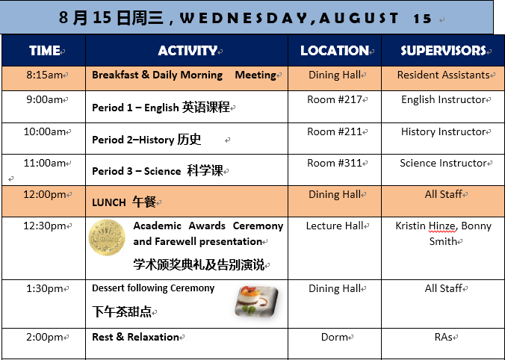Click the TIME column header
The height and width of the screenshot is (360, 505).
point(44,51)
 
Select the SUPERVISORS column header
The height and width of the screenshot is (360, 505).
point(443,51)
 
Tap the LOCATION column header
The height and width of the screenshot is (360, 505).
point(335,51)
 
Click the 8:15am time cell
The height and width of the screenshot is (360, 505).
point(44,75)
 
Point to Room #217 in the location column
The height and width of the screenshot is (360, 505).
point(335,99)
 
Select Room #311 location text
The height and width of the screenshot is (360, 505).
point(335,163)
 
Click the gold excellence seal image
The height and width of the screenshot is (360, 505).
point(107,238)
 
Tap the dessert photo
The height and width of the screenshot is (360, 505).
point(257,301)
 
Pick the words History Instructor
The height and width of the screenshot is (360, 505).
point(443,131)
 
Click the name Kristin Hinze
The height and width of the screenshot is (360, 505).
point(426,226)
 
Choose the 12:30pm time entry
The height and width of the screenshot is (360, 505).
point(44,226)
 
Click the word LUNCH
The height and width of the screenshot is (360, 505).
point(109,202)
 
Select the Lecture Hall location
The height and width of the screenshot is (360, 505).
point(335,226)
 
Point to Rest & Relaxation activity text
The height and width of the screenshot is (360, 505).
point(135,337)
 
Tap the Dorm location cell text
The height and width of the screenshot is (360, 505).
point(335,337)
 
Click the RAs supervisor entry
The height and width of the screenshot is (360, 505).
point(443,337)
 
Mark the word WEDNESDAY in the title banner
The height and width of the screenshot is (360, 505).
point(244,19)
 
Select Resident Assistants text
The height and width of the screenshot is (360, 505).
point(443,75)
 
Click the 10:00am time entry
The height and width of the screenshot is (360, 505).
point(44,131)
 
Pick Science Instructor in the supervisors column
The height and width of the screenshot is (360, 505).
point(443,163)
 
